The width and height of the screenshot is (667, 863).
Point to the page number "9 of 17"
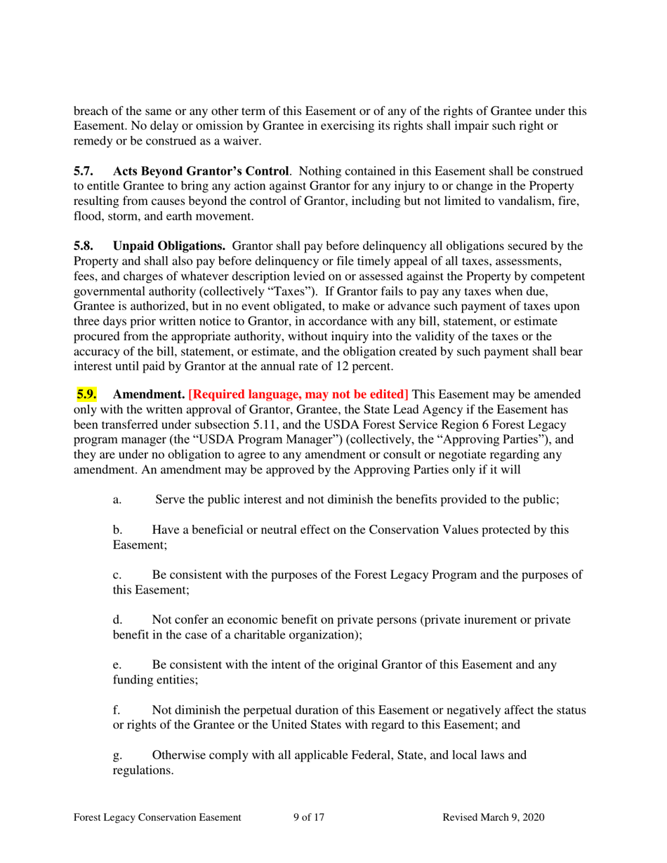(308, 817)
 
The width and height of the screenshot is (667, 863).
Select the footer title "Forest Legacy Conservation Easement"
(158, 817)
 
